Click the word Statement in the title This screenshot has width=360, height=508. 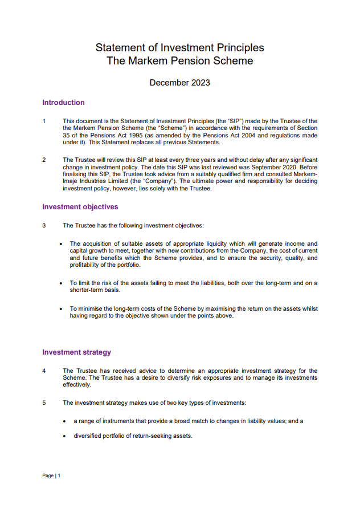[119, 48]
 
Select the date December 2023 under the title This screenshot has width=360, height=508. [179, 83]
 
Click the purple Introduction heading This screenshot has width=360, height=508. [63, 103]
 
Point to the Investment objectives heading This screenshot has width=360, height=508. [80, 207]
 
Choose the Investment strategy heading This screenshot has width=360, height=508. [76, 352]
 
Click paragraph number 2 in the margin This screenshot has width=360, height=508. [44, 160]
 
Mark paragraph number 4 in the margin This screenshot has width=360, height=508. [44, 371]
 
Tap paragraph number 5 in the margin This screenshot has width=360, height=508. [44, 403]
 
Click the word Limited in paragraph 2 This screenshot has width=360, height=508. [116, 181]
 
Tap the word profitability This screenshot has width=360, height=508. [87, 265]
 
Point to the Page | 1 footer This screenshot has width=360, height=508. [51, 476]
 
